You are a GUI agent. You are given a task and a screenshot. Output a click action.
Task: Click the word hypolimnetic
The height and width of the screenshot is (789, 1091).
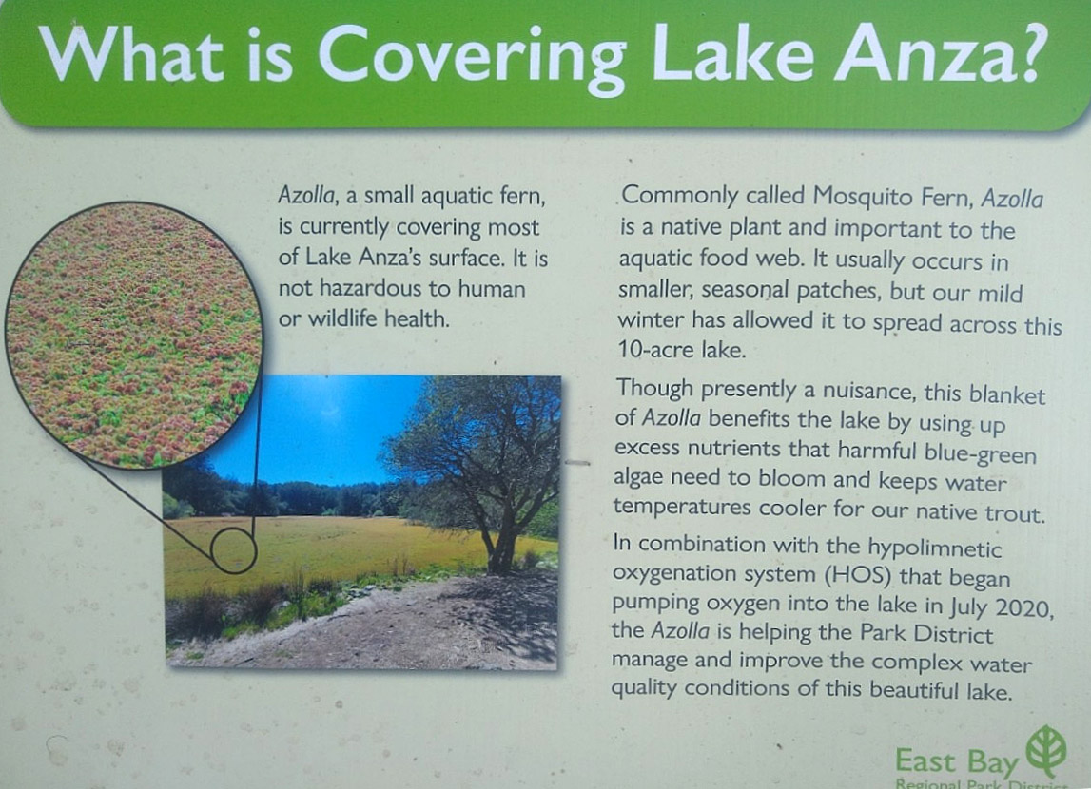935,548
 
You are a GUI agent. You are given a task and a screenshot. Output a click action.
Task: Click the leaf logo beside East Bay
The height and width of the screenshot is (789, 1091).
1045,752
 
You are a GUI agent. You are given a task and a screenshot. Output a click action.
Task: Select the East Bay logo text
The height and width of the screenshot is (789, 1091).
957,763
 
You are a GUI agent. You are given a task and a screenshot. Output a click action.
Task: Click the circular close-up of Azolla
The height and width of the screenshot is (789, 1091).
133,335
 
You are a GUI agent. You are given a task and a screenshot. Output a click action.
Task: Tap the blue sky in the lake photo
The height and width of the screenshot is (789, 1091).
313,424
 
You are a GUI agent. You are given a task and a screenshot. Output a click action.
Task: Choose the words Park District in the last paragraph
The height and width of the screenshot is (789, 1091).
926,634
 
